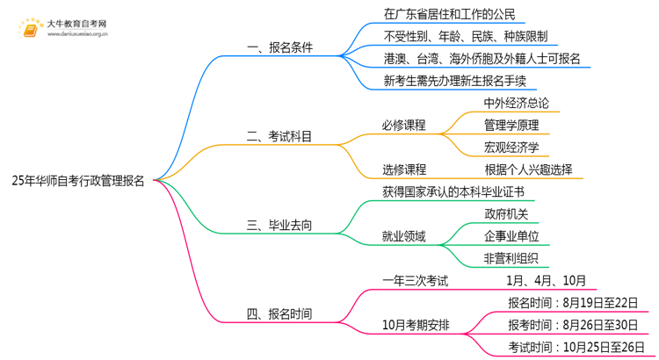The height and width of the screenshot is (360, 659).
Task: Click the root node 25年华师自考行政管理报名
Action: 78,181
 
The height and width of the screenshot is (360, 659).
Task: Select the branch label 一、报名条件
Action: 279,47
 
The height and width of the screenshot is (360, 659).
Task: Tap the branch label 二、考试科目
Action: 279,136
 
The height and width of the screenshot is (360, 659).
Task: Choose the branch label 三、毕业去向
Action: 279,226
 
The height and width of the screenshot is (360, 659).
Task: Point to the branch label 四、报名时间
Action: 279,313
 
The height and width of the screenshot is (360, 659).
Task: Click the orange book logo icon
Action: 32,30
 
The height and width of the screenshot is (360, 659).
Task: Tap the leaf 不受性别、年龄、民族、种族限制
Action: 466,37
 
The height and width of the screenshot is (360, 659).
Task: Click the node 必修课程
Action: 404,125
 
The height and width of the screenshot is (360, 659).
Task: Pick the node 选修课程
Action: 404,169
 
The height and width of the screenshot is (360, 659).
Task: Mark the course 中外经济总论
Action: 517,103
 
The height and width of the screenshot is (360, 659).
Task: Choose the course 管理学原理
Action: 511,125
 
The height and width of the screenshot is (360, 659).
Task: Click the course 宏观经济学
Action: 511,148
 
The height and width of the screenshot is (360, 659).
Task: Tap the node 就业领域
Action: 404,236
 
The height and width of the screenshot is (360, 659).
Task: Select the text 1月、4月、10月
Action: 546,281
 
